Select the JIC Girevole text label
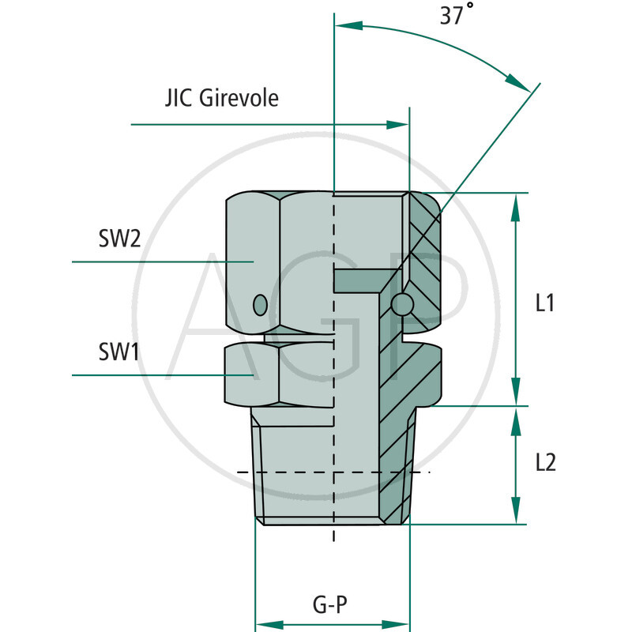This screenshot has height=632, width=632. coord(222,98)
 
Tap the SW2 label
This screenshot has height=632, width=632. coord(120,239)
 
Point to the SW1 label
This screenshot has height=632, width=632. coord(119,352)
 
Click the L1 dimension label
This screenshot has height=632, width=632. coord(545,303)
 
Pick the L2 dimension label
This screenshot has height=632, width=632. coord(545,463)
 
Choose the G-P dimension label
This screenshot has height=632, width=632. coord(331,606)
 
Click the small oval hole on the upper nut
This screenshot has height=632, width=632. coord(258,304)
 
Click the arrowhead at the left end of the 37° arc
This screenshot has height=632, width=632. coord(348,27)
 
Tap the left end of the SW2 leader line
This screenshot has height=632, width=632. coord(73,261)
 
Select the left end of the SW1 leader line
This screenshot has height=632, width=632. coord(73,374)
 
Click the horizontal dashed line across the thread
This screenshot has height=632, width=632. coord(332,472)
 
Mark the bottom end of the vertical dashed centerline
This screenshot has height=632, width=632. coord(334,540)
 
